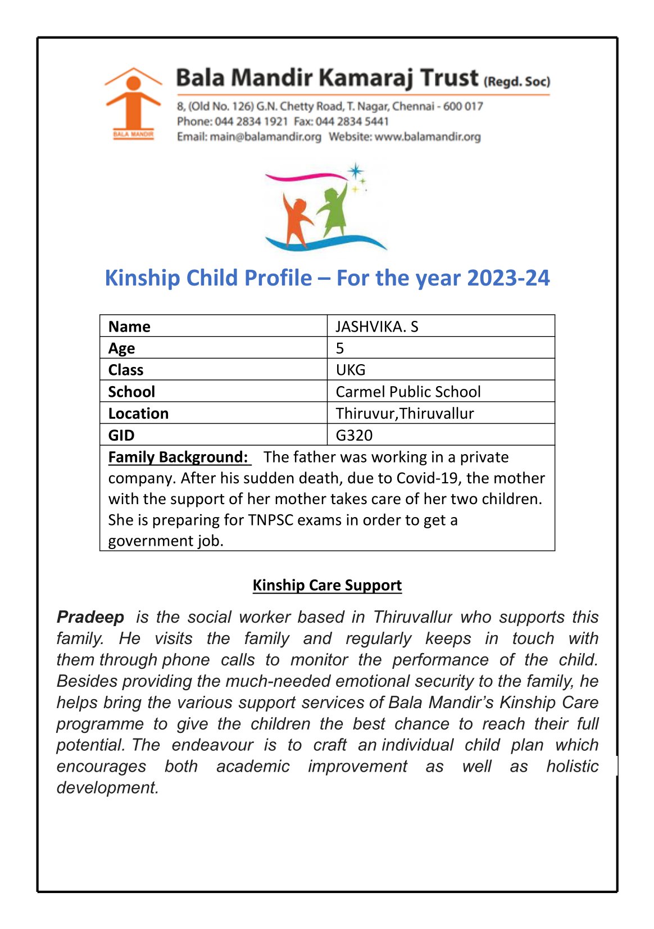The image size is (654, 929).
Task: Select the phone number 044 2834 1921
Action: (251, 121)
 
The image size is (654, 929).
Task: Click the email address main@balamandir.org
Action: (265, 137)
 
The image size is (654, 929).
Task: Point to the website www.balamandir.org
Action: (428, 137)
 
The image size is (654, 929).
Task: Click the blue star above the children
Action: (355, 171)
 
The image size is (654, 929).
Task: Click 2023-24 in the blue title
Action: (508, 278)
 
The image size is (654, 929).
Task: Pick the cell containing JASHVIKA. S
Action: (377, 327)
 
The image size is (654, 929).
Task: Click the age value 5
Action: (340, 348)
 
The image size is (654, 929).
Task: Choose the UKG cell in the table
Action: (351, 370)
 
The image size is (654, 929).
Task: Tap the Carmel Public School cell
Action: (408, 392)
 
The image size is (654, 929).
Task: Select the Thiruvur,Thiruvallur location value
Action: (405, 414)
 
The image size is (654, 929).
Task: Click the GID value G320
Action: (354, 435)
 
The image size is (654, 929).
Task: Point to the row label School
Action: (131, 392)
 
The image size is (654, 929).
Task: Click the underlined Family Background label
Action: (178, 457)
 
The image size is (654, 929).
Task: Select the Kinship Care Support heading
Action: (327, 585)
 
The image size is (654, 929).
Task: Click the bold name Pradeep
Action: (90, 617)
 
